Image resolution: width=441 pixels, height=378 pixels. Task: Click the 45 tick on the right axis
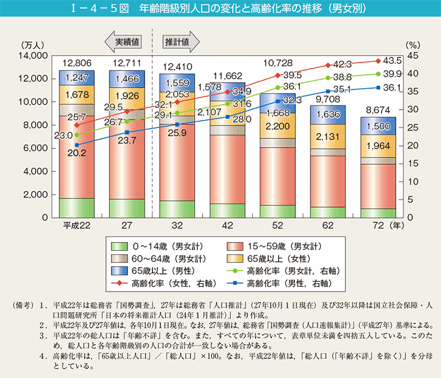pyautogui.click(x=411, y=56)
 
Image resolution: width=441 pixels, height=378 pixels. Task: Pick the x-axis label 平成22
pyautogui.click(x=77, y=225)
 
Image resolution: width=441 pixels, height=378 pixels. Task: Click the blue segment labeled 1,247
pyautogui.click(x=77, y=78)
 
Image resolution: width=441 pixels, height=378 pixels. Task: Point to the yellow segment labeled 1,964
pyautogui.click(x=378, y=146)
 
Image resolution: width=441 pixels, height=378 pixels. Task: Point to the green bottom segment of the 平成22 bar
pyautogui.click(x=77, y=208)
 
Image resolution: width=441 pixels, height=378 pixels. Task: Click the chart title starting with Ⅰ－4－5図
pyautogui.click(x=221, y=9)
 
